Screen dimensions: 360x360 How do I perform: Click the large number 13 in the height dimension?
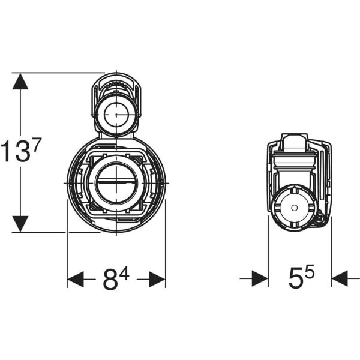[15, 152]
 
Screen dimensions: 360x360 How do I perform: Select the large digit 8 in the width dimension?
[110, 280]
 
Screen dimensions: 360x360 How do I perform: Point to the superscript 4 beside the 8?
[124, 272]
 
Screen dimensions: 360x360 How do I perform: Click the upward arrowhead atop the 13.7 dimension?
[20, 82]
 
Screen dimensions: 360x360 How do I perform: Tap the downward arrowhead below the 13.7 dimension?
[20, 224]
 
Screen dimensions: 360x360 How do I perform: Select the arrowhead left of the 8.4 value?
[76, 279]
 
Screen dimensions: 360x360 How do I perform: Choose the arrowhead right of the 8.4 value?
[157, 279]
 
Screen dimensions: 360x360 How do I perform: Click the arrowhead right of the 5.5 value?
[340, 278]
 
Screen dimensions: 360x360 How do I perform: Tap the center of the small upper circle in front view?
[116, 113]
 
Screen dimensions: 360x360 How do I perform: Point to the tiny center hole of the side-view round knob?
[294, 207]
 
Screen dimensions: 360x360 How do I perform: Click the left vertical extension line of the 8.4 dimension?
[67, 252]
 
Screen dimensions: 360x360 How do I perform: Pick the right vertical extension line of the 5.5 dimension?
[331, 252]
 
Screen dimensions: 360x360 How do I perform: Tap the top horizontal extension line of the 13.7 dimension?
[60, 73]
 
